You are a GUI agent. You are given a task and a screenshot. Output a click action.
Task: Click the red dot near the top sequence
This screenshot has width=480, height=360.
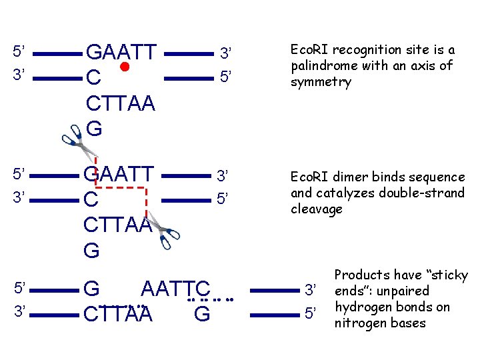(x=125, y=68)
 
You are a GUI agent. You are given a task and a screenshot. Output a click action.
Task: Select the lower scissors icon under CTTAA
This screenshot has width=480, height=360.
(x=164, y=231)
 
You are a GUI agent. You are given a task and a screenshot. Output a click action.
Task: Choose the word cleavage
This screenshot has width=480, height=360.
(x=317, y=209)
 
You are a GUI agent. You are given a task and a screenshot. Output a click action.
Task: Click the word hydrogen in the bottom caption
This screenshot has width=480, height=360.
(x=362, y=307)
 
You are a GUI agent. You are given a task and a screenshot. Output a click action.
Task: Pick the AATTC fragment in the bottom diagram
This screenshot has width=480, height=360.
(x=175, y=290)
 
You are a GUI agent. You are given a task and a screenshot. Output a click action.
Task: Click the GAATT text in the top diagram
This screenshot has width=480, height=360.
(x=122, y=51)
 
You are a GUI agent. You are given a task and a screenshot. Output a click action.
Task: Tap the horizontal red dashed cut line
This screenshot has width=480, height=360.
(x=121, y=189)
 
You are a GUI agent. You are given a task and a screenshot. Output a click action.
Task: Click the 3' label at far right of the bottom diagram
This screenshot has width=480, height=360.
(x=310, y=290)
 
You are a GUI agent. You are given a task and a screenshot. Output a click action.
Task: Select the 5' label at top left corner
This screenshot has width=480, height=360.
(x=19, y=51)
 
